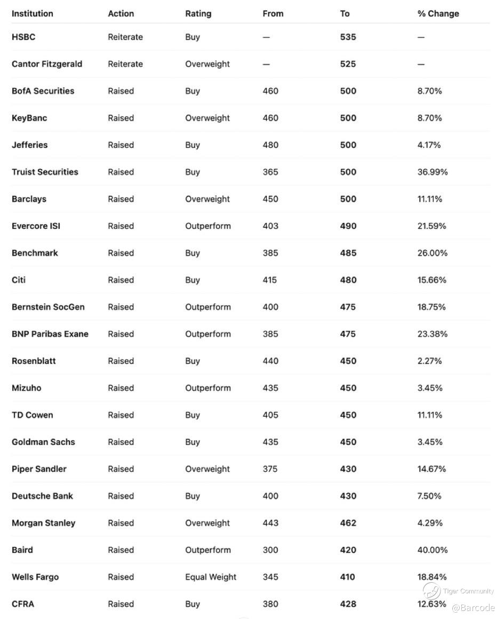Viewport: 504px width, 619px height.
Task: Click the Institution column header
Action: [x=33, y=13]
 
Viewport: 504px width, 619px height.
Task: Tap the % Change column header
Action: [x=438, y=13]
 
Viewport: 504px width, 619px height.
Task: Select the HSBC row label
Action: [x=23, y=37]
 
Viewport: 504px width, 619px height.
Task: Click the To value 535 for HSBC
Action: [x=348, y=37]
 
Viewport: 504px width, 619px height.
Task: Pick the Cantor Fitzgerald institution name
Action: [x=47, y=64]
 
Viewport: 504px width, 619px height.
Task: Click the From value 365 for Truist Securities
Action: [x=270, y=172]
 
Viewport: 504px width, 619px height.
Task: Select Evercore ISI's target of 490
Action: [x=348, y=226]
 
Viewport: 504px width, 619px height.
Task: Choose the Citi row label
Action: [x=19, y=280]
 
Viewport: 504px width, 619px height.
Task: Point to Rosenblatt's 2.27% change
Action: [x=430, y=361]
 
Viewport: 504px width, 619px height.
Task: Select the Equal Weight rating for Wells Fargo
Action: [x=211, y=577]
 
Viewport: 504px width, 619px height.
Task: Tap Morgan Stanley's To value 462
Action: [x=348, y=523]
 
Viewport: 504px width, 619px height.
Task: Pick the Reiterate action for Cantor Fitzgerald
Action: [x=125, y=64]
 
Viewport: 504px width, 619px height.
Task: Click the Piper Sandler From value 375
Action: [x=270, y=469]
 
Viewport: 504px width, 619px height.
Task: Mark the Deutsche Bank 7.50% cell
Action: [x=429, y=496]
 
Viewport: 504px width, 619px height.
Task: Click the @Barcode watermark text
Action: [x=473, y=608]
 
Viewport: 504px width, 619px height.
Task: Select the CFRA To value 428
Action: [x=348, y=604]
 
